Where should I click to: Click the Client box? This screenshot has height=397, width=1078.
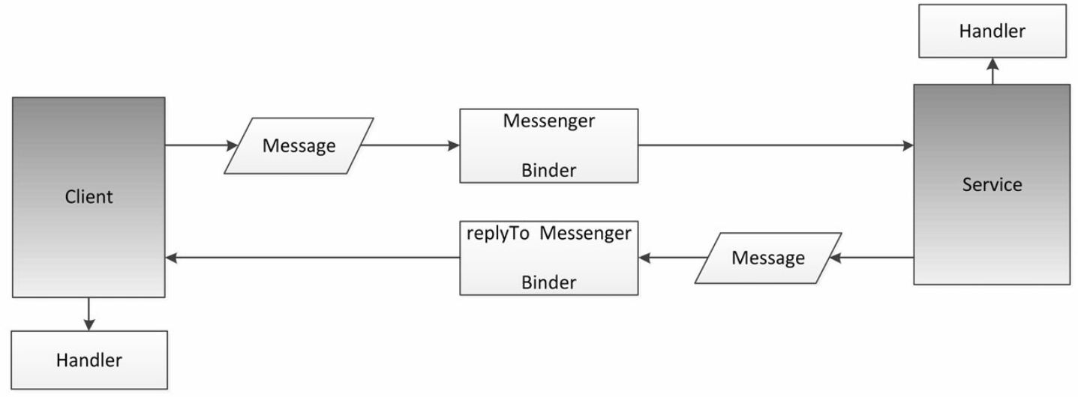(x=89, y=197)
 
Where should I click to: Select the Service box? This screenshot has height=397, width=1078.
(x=992, y=184)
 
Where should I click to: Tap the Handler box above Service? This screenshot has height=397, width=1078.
(x=992, y=31)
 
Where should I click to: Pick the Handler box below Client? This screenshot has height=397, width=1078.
(x=89, y=360)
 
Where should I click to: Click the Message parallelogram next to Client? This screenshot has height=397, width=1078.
(x=299, y=145)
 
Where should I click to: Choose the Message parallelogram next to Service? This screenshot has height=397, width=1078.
(x=768, y=258)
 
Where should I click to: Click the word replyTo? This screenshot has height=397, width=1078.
(x=497, y=234)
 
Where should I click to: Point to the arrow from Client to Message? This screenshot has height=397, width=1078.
(x=202, y=145)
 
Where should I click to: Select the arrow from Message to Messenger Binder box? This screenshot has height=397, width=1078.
(x=410, y=145)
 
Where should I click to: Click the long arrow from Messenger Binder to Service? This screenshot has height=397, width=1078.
(x=776, y=145)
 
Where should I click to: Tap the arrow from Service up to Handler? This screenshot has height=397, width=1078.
(x=992, y=71)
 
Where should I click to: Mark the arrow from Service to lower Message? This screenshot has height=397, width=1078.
(x=872, y=258)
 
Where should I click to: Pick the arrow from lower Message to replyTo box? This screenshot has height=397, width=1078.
(x=673, y=258)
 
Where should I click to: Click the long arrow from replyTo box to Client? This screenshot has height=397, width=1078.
(x=312, y=258)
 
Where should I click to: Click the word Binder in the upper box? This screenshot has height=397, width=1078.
(x=548, y=171)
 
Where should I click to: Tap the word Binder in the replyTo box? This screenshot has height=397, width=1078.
(x=548, y=282)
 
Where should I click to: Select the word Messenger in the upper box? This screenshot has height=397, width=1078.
(x=548, y=121)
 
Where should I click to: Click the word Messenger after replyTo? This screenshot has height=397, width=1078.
(x=585, y=234)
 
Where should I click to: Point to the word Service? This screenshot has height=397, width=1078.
(x=992, y=184)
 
